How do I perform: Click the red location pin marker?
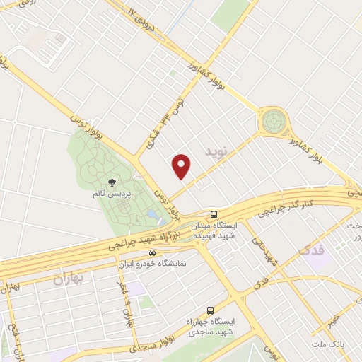(182, 166)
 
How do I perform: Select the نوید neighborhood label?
(218, 151)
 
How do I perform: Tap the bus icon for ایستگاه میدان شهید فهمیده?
(214, 214)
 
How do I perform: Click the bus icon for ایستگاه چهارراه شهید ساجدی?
(210, 310)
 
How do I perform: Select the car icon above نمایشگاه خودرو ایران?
(152, 252)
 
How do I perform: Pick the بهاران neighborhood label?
(68, 279)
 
